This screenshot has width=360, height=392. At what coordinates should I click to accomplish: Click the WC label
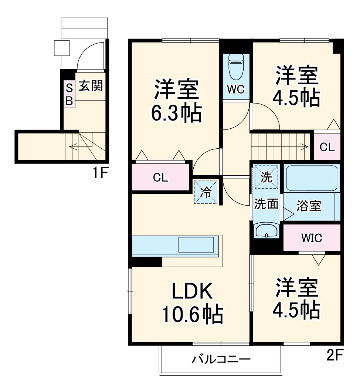(236, 90)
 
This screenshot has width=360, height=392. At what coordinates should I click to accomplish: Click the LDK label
(191, 292)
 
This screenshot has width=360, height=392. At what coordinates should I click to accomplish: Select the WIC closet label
(311, 238)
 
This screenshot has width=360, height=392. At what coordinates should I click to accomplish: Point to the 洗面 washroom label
(266, 205)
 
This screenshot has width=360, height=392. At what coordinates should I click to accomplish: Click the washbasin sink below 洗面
(266, 231)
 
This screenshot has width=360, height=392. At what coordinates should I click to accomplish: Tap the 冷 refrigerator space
(206, 192)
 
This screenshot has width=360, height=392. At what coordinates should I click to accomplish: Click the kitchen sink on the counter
(196, 245)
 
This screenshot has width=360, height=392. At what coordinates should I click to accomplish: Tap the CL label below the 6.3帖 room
(161, 177)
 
